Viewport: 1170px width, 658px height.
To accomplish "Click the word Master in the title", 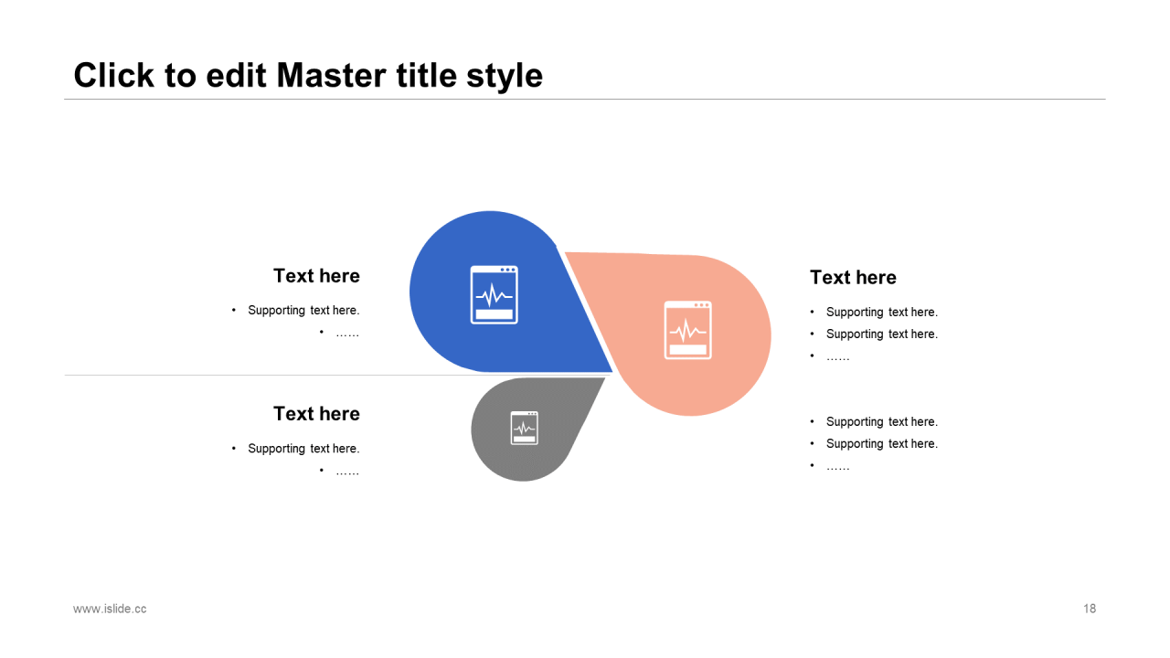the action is pyautogui.click(x=332, y=75).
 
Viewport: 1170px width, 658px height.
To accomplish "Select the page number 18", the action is pyautogui.click(x=1089, y=609).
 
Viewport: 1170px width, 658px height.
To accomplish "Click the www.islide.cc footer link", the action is pyautogui.click(x=110, y=609).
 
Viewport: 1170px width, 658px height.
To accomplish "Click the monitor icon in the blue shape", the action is pyautogui.click(x=495, y=295).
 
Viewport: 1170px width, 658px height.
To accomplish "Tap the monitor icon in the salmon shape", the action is pyautogui.click(x=688, y=330).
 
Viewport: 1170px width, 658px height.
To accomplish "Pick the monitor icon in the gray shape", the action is pyautogui.click(x=525, y=429).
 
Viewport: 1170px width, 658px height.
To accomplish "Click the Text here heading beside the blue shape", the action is pyautogui.click(x=316, y=276).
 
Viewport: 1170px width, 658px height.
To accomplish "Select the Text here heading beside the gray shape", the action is pyautogui.click(x=316, y=414).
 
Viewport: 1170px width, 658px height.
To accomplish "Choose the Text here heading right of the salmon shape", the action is pyautogui.click(x=853, y=277).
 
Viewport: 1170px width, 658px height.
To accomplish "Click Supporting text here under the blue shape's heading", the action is pyautogui.click(x=303, y=310).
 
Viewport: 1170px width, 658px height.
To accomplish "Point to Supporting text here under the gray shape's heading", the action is pyautogui.click(x=303, y=449).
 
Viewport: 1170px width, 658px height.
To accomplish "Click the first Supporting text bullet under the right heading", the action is pyautogui.click(x=882, y=313).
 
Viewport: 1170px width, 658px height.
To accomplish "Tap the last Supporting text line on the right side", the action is pyautogui.click(x=882, y=444).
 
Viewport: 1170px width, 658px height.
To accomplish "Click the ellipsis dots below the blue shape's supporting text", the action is pyautogui.click(x=347, y=334).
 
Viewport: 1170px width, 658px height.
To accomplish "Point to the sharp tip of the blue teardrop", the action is pyautogui.click(x=612, y=371).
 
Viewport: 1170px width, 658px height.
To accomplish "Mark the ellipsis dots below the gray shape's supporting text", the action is pyautogui.click(x=347, y=473).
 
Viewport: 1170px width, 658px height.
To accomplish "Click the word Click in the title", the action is pyautogui.click(x=114, y=75).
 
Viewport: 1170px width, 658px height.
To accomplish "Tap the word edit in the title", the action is pyautogui.click(x=236, y=75).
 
